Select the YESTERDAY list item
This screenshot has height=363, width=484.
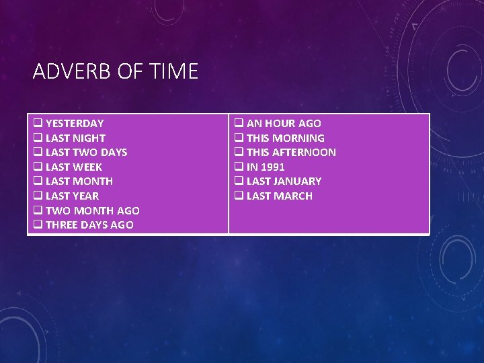coord(74,124)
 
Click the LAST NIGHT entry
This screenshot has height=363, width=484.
coord(75,138)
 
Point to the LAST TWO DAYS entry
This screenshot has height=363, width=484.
coord(86,153)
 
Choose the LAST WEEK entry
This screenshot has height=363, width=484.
coord(73,167)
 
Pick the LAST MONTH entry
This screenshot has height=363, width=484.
coord(79,182)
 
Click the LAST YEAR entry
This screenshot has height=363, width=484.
coord(72,196)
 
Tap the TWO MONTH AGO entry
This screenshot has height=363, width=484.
coord(92,211)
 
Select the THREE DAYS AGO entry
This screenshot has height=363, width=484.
coord(89,225)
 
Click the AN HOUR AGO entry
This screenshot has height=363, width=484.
coord(284,124)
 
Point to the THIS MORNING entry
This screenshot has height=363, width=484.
coord(285,138)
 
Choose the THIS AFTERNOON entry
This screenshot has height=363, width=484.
coord(291,153)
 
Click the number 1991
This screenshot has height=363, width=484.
coord(273,167)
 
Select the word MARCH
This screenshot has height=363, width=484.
coord(292,196)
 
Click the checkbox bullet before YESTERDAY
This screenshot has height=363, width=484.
coord(38,124)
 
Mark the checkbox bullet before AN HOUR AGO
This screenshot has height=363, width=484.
coord(239,124)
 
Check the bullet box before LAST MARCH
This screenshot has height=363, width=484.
coord(239,196)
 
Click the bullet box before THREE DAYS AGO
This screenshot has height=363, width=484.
coord(38,225)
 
